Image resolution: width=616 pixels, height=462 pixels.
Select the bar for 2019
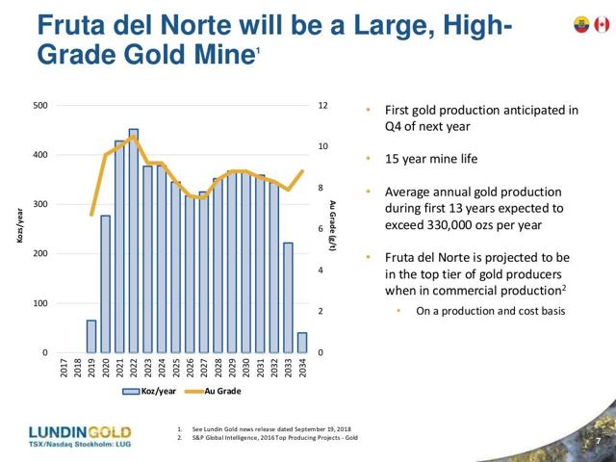coord(91,336)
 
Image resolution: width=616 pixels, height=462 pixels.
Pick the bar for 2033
coord(289,297)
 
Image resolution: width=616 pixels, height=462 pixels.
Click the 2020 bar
coord(105,284)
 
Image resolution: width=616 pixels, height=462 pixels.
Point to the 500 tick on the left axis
coord(41,105)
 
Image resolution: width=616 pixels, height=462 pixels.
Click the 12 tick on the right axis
coord(325,105)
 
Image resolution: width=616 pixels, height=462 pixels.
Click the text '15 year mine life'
coord(432,158)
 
